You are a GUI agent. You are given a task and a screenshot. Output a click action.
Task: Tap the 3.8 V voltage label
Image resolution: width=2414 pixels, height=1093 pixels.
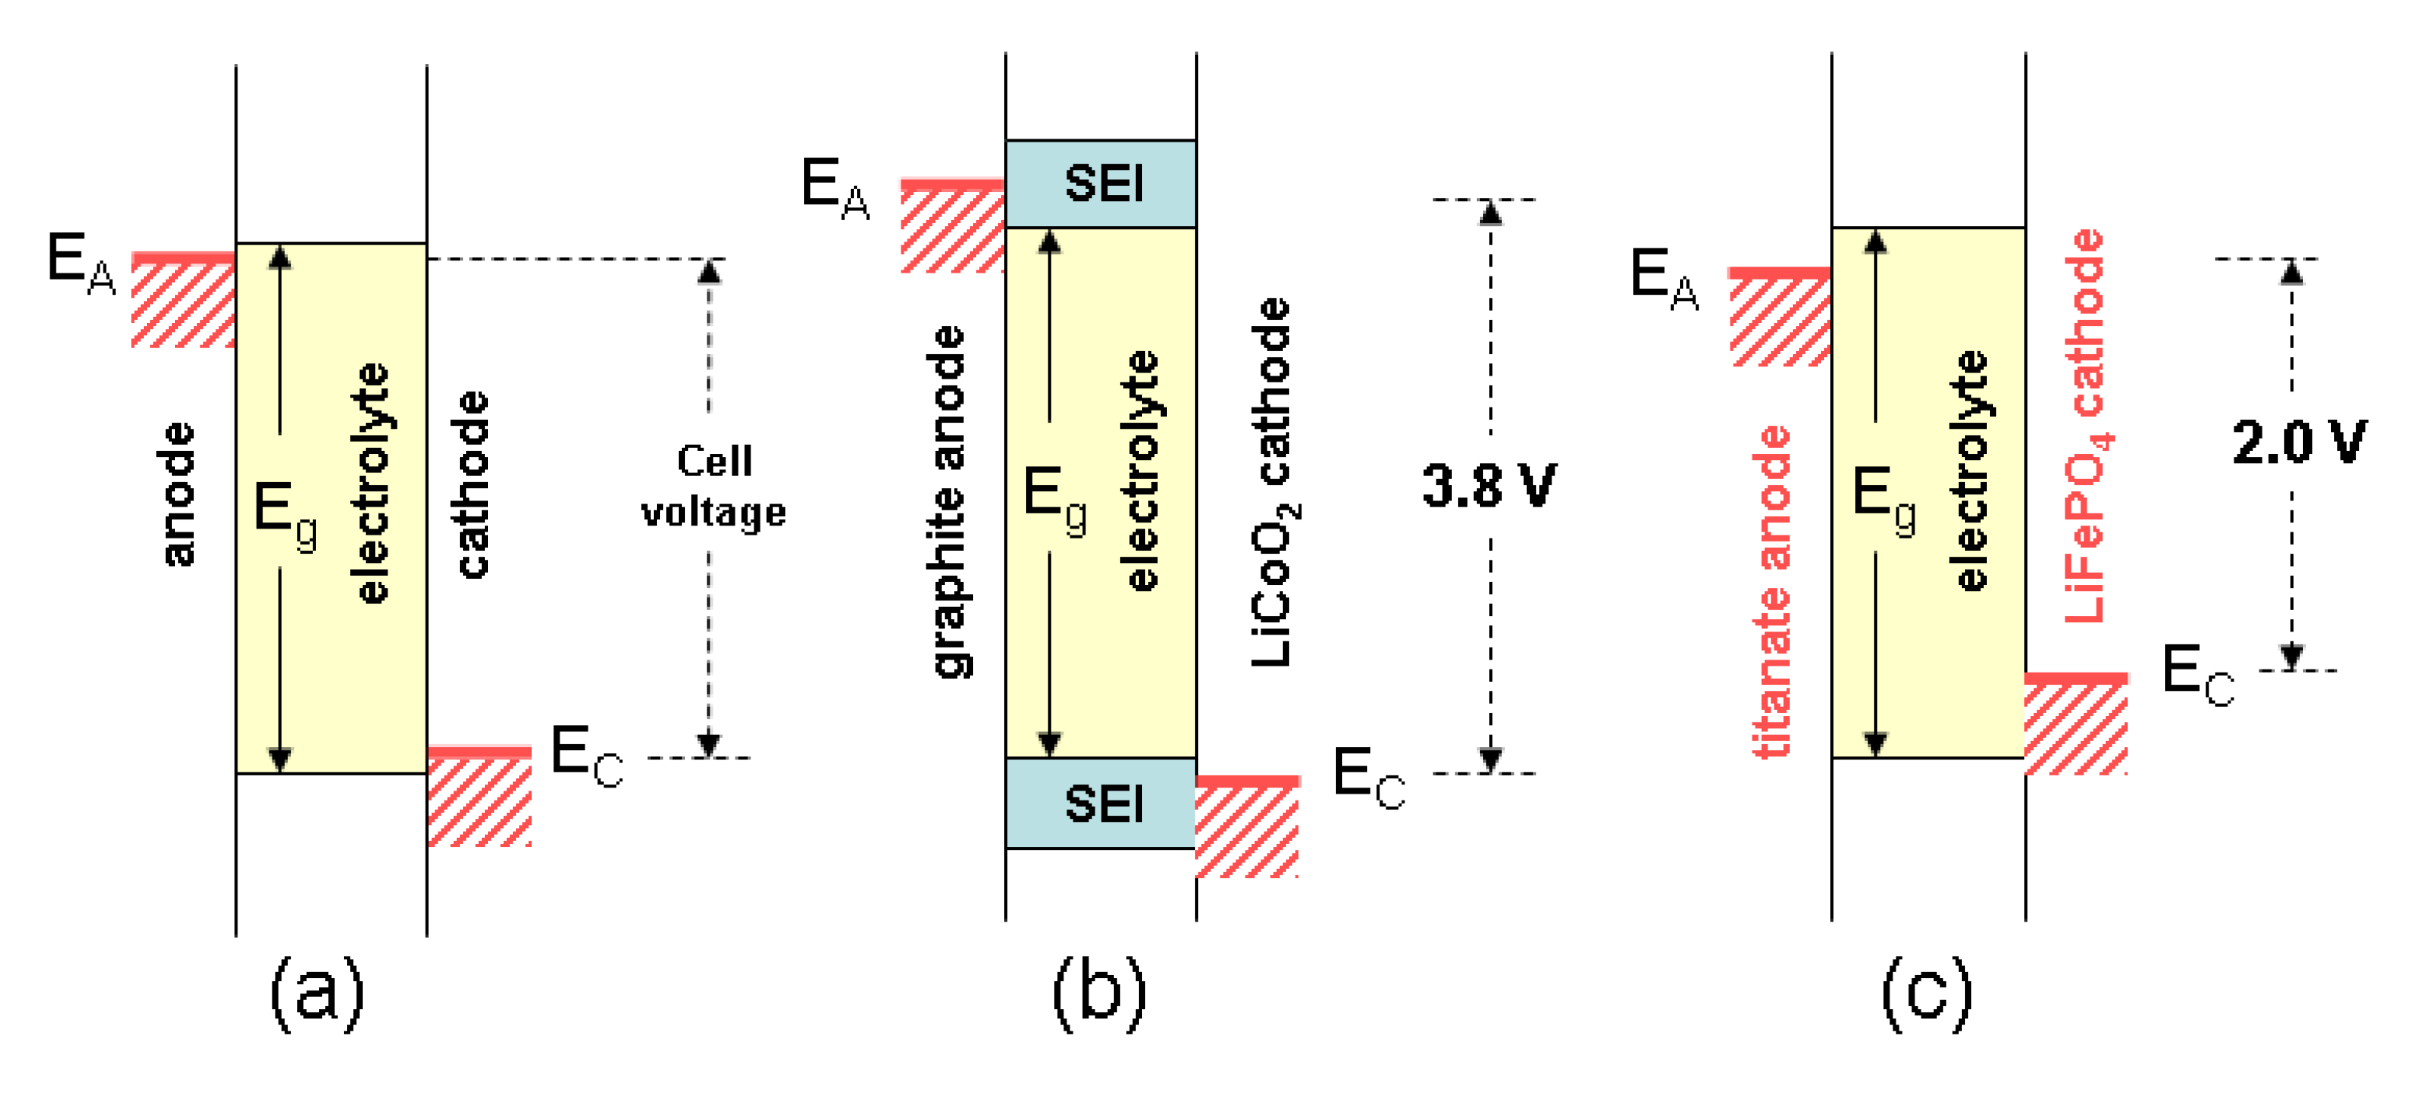click(1489, 487)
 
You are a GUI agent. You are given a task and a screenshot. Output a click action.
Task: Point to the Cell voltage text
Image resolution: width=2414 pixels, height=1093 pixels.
click(713, 487)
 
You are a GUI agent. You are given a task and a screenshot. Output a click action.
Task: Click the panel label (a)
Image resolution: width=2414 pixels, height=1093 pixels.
click(317, 992)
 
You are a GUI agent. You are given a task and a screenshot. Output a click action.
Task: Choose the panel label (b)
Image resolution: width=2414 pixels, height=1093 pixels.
click(1099, 992)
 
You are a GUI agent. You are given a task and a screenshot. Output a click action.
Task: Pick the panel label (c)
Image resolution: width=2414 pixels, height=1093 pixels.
click(1927, 992)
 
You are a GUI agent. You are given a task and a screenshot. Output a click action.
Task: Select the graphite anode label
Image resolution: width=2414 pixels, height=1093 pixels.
click(950, 501)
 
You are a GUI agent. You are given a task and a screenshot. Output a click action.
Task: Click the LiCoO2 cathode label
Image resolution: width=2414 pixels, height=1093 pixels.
click(1274, 483)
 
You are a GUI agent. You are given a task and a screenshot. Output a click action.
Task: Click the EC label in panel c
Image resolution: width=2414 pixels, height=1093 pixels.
click(2196, 675)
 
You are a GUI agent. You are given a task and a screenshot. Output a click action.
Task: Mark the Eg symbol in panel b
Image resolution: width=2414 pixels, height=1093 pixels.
click(1054, 499)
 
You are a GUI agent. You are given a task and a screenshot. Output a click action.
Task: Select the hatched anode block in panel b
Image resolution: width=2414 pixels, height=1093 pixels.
click(952, 228)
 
